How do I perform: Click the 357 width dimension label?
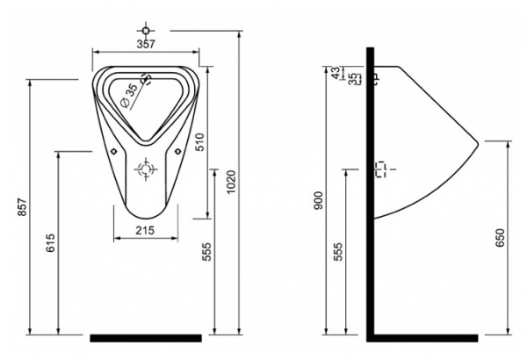tap(146, 44)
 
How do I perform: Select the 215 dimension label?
tap(145, 230)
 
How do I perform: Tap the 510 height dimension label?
tap(199, 142)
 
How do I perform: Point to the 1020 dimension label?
tap(232, 182)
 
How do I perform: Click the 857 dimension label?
tap(22, 207)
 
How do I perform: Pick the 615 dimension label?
tap(50, 243)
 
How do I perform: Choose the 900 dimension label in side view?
tap(318, 200)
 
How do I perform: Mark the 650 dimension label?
tap(500, 238)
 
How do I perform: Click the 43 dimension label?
tap(336, 73)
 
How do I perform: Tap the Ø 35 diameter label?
tap(129, 96)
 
